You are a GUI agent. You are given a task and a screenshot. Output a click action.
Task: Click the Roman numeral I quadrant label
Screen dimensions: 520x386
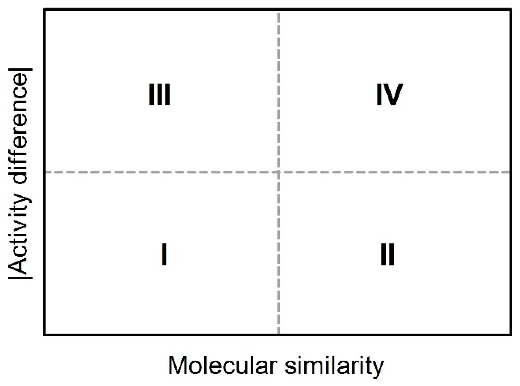click(164, 254)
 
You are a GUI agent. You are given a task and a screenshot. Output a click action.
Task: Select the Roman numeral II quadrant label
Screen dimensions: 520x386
click(387, 254)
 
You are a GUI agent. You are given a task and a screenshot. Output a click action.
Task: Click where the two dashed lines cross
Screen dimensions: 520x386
click(279, 172)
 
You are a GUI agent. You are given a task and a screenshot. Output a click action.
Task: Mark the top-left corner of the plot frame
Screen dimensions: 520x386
click(44, 10)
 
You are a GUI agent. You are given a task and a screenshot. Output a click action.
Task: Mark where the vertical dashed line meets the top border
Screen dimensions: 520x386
click(279, 10)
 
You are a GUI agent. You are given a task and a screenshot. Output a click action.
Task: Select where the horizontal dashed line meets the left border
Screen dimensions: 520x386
click(44, 172)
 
